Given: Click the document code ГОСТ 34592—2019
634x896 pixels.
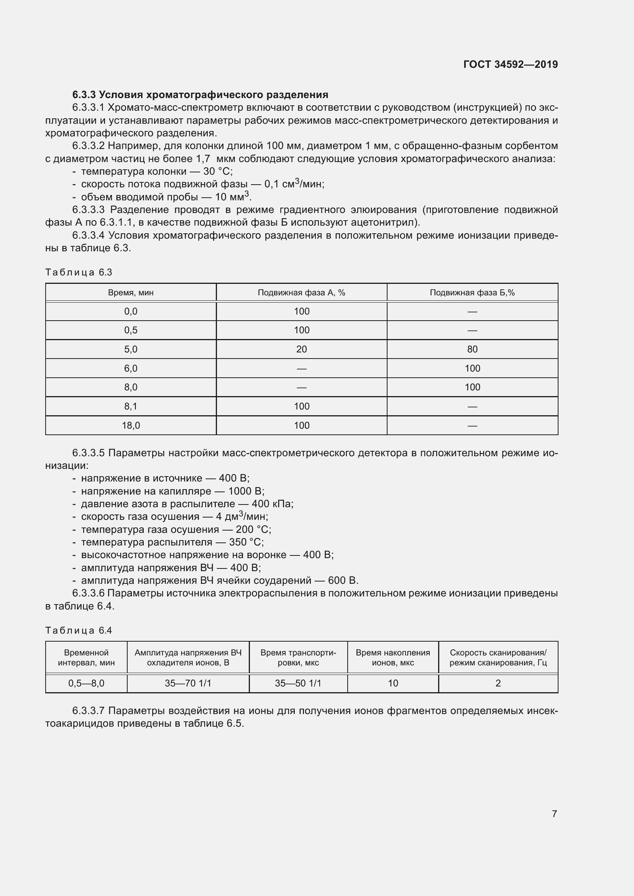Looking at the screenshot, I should click(510, 64).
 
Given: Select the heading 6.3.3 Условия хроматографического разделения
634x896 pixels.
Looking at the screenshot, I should click(200, 95).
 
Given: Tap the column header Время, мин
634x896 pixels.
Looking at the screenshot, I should click(131, 293).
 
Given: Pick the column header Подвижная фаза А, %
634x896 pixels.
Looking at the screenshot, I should click(301, 293).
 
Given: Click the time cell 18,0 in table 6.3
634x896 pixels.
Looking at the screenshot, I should click(131, 425).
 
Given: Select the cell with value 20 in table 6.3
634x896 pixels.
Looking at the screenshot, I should click(301, 349).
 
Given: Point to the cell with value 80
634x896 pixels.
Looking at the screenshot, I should click(472, 349).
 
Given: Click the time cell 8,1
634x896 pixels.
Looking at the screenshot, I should click(131, 406).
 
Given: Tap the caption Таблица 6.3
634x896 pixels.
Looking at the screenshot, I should click(79, 272).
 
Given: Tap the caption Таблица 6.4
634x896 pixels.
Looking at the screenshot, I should click(79, 630).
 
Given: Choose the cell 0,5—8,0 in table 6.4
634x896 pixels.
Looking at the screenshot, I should click(86, 683).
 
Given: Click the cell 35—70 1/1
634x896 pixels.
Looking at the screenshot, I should click(188, 683).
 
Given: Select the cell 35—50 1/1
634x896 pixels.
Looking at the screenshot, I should click(298, 683).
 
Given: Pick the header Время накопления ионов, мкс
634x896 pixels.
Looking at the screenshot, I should click(393, 658).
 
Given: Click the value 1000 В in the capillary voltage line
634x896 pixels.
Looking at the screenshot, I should click(246, 491).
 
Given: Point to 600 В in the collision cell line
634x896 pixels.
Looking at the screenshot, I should click(343, 580).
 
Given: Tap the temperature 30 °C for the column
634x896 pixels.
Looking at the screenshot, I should click(217, 171).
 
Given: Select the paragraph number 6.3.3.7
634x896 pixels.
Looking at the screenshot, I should click(89, 711).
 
